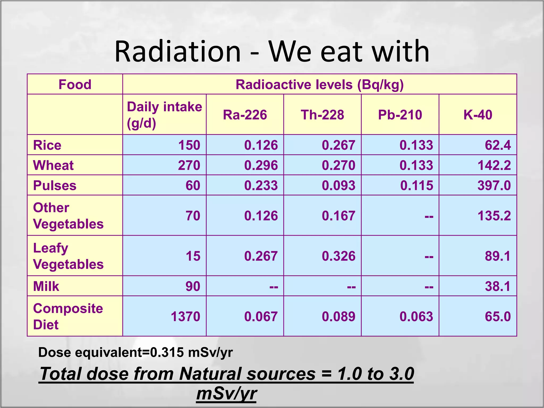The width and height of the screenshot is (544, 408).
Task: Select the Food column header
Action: click(75, 84)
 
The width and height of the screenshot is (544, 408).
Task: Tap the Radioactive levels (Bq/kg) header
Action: click(320, 84)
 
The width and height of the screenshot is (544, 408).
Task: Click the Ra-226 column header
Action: click(245, 115)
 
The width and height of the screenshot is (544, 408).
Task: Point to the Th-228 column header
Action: click(322, 115)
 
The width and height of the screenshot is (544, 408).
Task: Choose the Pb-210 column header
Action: click(400, 115)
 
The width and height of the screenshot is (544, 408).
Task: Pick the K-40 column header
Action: click(478, 115)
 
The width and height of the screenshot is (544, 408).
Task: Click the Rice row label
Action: click(47, 145)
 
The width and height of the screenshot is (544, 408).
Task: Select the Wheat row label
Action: click(53, 165)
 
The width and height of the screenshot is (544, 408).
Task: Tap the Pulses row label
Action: click(55, 185)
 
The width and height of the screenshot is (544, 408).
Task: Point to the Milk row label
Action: click(46, 286)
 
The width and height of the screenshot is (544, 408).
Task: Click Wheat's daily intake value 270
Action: click(189, 165)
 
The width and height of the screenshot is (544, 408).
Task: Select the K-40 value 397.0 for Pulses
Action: click(494, 185)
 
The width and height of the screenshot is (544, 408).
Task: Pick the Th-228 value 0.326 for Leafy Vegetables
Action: click(338, 256)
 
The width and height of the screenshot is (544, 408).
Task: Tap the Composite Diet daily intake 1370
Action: click(185, 317)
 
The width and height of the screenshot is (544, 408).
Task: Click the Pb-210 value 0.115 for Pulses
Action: click(416, 185)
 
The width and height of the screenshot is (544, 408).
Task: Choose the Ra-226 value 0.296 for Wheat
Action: click(261, 165)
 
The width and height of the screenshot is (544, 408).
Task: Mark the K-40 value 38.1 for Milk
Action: click(498, 286)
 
